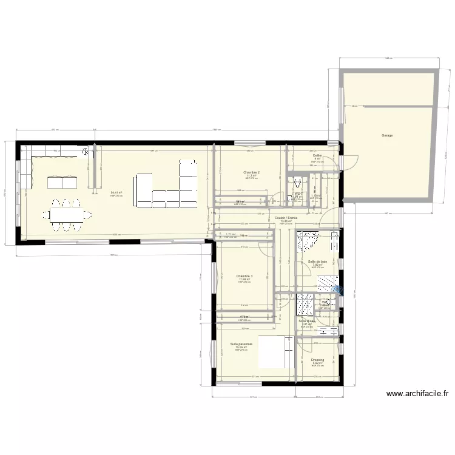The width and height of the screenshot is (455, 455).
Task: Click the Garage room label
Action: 387,135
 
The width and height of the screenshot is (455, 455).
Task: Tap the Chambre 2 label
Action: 251,172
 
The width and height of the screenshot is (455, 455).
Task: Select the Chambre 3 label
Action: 244,276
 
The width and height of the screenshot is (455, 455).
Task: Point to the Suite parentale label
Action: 241,344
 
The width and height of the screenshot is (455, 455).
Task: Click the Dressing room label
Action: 317,360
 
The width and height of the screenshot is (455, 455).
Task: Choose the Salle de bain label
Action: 317,261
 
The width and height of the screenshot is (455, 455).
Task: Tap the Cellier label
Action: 317,156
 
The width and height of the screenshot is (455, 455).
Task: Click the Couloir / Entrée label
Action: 286,218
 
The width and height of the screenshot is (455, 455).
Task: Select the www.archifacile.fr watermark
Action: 417,394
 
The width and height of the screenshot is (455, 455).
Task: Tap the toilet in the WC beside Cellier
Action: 296,183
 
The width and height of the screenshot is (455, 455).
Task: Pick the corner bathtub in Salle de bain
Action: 308,241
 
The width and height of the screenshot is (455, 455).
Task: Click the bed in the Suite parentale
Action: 276,352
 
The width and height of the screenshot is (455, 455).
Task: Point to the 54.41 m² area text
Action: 116,193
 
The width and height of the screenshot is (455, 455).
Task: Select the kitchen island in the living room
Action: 63,182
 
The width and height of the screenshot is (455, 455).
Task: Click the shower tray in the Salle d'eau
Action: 305,305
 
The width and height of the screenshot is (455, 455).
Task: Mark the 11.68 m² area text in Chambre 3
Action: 244,280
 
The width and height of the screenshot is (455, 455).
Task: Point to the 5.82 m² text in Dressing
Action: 317,363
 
